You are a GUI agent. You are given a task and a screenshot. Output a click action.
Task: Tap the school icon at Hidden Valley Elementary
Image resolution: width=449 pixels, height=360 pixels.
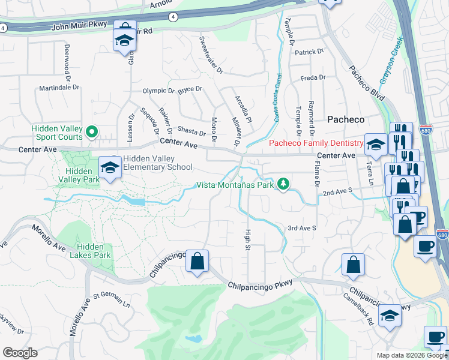point(110,168)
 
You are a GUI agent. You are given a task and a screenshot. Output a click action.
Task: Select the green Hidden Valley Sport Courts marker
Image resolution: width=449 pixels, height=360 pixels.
point(91,131)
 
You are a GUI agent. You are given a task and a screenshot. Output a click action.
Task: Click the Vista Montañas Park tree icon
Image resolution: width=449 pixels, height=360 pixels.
point(283,184)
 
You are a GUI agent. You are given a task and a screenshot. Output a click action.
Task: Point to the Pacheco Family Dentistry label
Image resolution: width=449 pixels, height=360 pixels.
point(316,143)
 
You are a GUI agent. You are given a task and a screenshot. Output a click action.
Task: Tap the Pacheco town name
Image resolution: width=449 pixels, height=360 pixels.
point(345,119)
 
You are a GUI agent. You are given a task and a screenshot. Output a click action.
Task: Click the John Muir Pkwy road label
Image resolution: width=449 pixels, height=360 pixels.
point(79,26)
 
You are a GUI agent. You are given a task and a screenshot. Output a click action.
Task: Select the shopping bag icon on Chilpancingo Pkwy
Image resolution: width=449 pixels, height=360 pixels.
point(197,261)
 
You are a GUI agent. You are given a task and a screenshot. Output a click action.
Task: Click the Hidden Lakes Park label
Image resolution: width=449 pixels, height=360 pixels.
point(94,251)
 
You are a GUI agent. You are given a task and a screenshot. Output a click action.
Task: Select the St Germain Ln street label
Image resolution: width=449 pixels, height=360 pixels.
point(111,300)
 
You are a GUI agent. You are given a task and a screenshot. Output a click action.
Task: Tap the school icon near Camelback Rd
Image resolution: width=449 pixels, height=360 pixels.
point(390,319)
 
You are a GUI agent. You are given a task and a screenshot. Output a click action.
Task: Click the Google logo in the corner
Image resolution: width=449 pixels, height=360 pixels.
point(20,353)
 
